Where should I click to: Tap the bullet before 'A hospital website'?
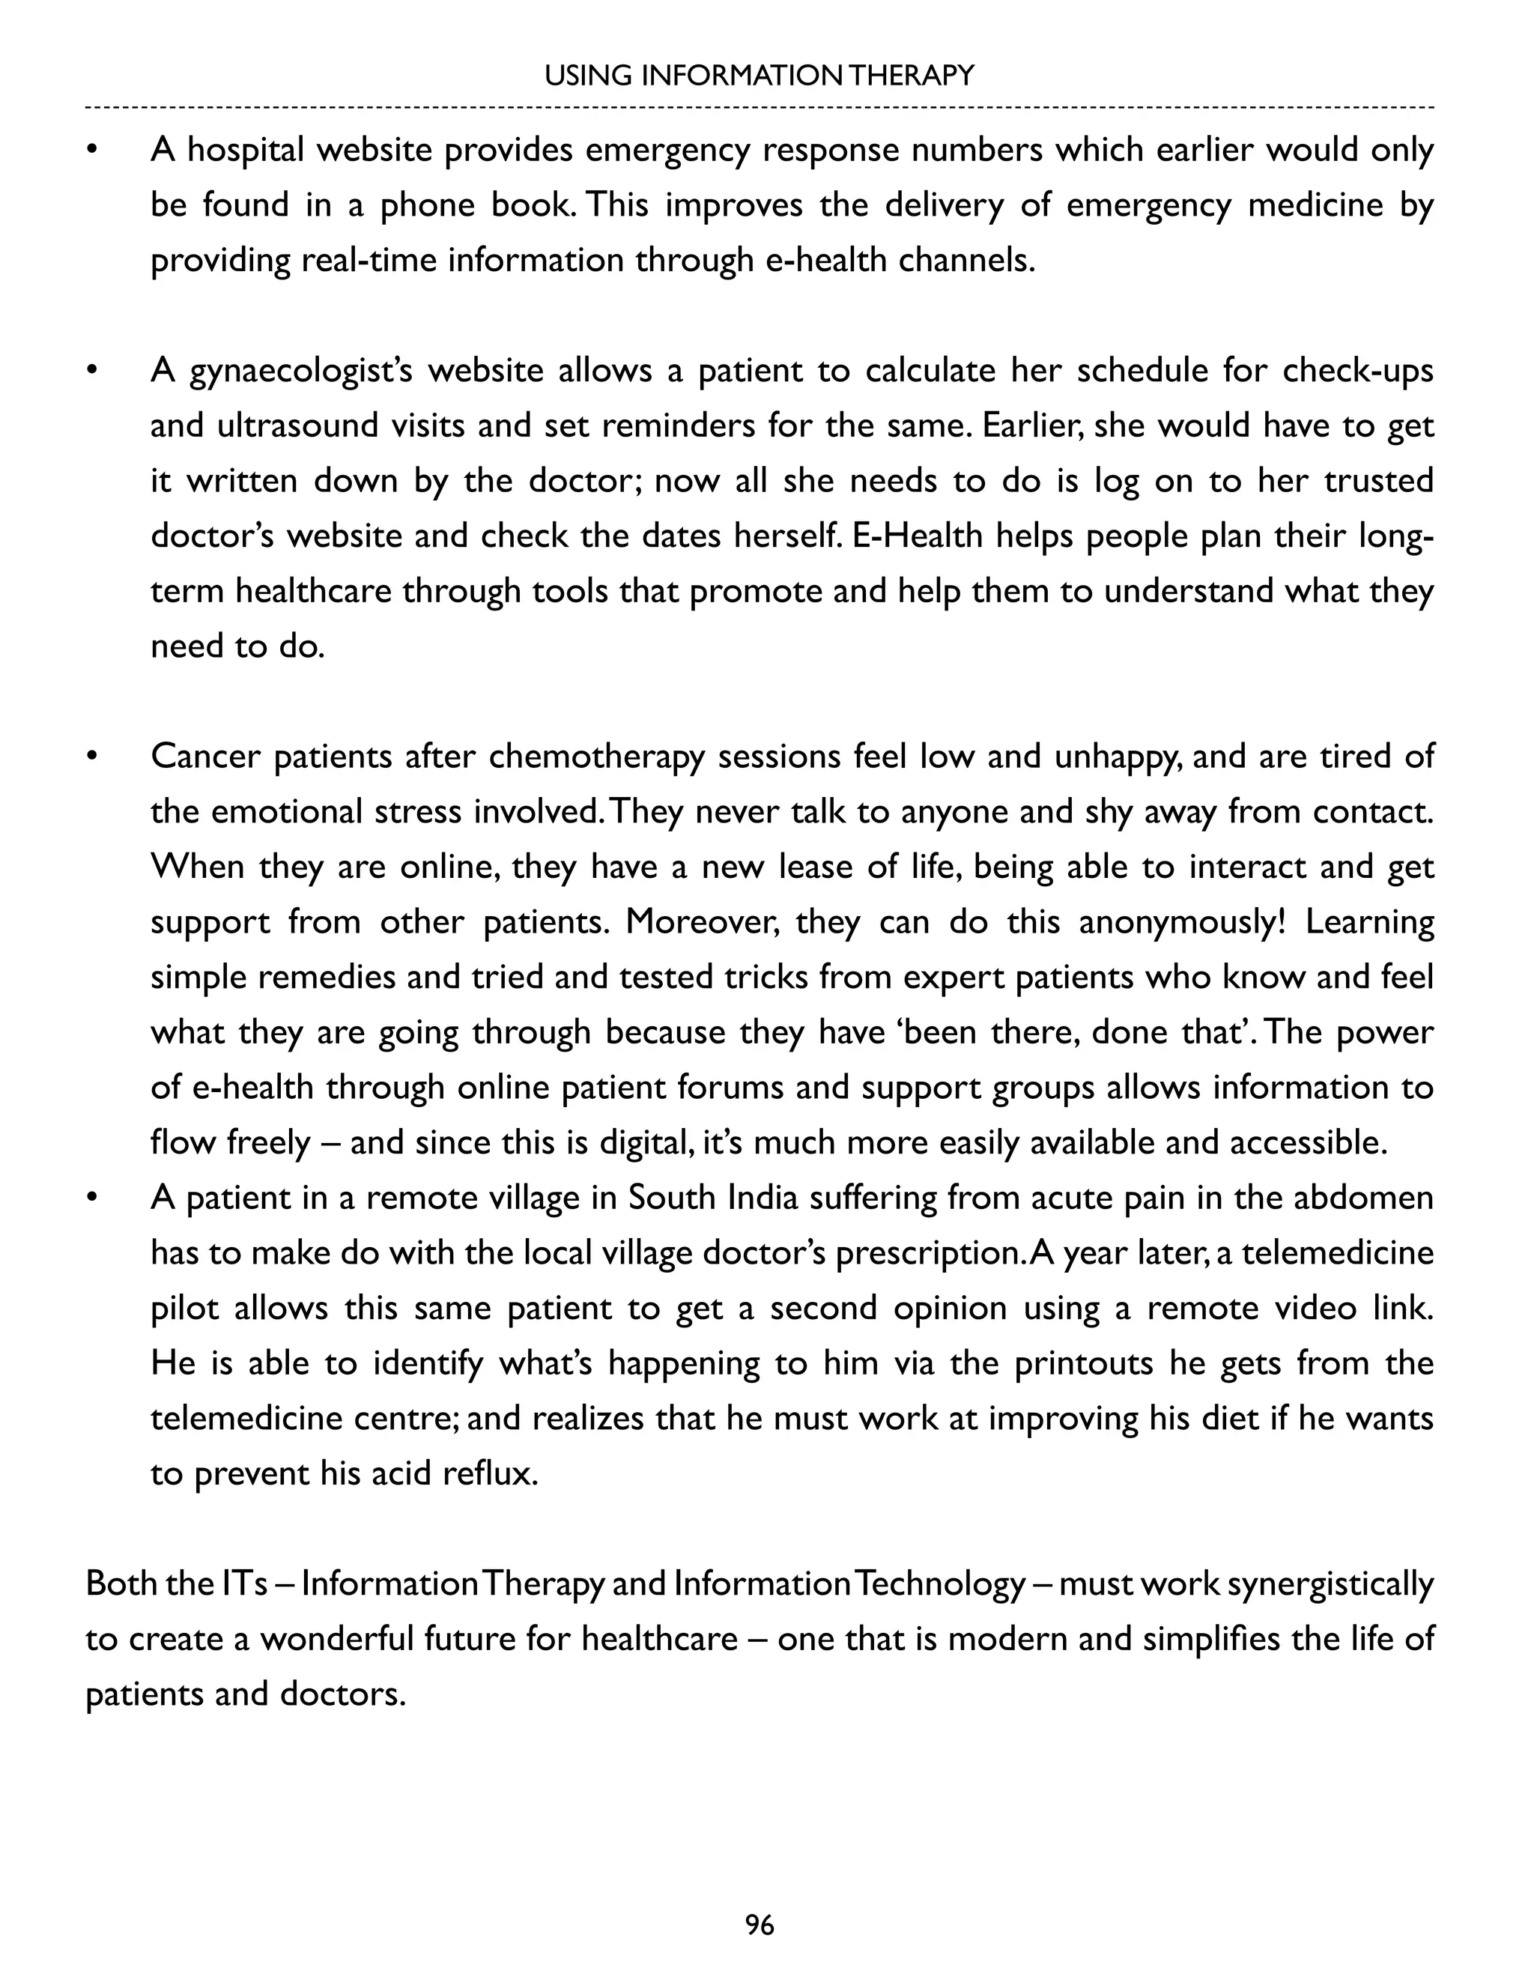pyautogui.click(x=91, y=150)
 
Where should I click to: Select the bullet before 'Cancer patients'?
pyautogui.click(x=91, y=757)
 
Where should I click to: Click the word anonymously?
pyautogui.click(x=1181, y=923)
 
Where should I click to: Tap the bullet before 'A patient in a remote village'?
pyautogui.click(x=91, y=1198)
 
